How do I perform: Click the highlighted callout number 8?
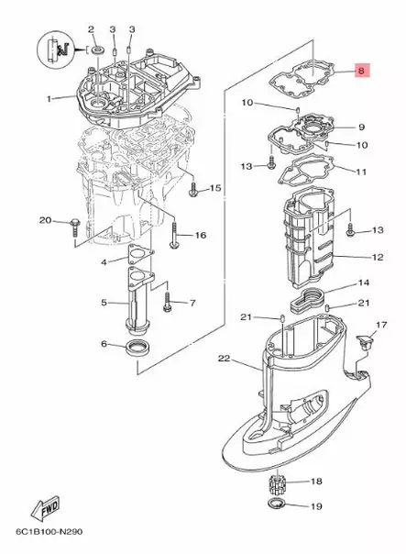click(361, 70)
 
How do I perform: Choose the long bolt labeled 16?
click(174, 234)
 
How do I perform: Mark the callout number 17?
click(381, 325)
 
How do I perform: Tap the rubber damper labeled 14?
click(308, 299)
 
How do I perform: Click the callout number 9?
click(361, 127)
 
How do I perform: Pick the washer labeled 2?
click(96, 48)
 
